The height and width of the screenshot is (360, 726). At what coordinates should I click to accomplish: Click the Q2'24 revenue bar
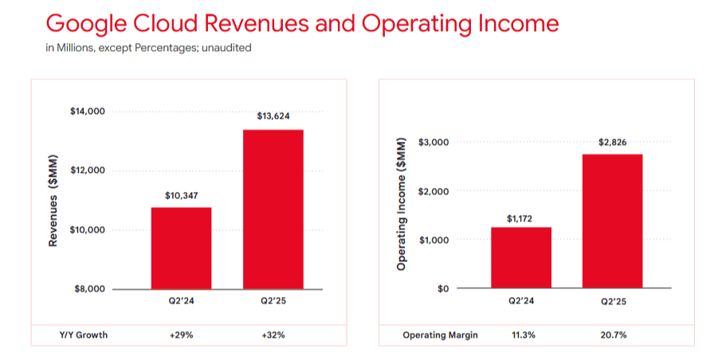[x=181, y=248]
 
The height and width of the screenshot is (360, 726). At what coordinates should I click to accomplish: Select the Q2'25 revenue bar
[x=273, y=209]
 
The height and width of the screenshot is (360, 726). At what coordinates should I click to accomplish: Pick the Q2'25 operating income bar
[x=612, y=221]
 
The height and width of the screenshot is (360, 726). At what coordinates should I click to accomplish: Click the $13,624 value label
[x=273, y=116]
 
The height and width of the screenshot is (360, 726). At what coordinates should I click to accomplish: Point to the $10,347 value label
[x=181, y=194]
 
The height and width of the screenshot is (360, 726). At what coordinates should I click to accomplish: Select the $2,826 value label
[x=612, y=143]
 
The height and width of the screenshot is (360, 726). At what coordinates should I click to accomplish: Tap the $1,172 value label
[x=520, y=216]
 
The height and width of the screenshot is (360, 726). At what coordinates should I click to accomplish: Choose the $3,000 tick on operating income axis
[x=434, y=142]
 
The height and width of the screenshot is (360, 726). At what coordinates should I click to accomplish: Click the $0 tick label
[x=444, y=288]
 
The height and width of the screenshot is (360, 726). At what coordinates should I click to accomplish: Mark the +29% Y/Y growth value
[x=181, y=335]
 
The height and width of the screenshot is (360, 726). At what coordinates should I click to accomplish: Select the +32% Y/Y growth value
[x=273, y=335]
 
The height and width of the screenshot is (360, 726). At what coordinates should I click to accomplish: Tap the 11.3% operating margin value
[x=520, y=335]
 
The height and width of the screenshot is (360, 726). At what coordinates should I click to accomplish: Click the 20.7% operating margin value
[x=612, y=335]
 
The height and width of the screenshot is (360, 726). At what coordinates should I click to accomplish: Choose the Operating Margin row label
[x=440, y=335]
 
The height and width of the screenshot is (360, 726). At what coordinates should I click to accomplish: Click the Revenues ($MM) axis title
[x=53, y=200]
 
